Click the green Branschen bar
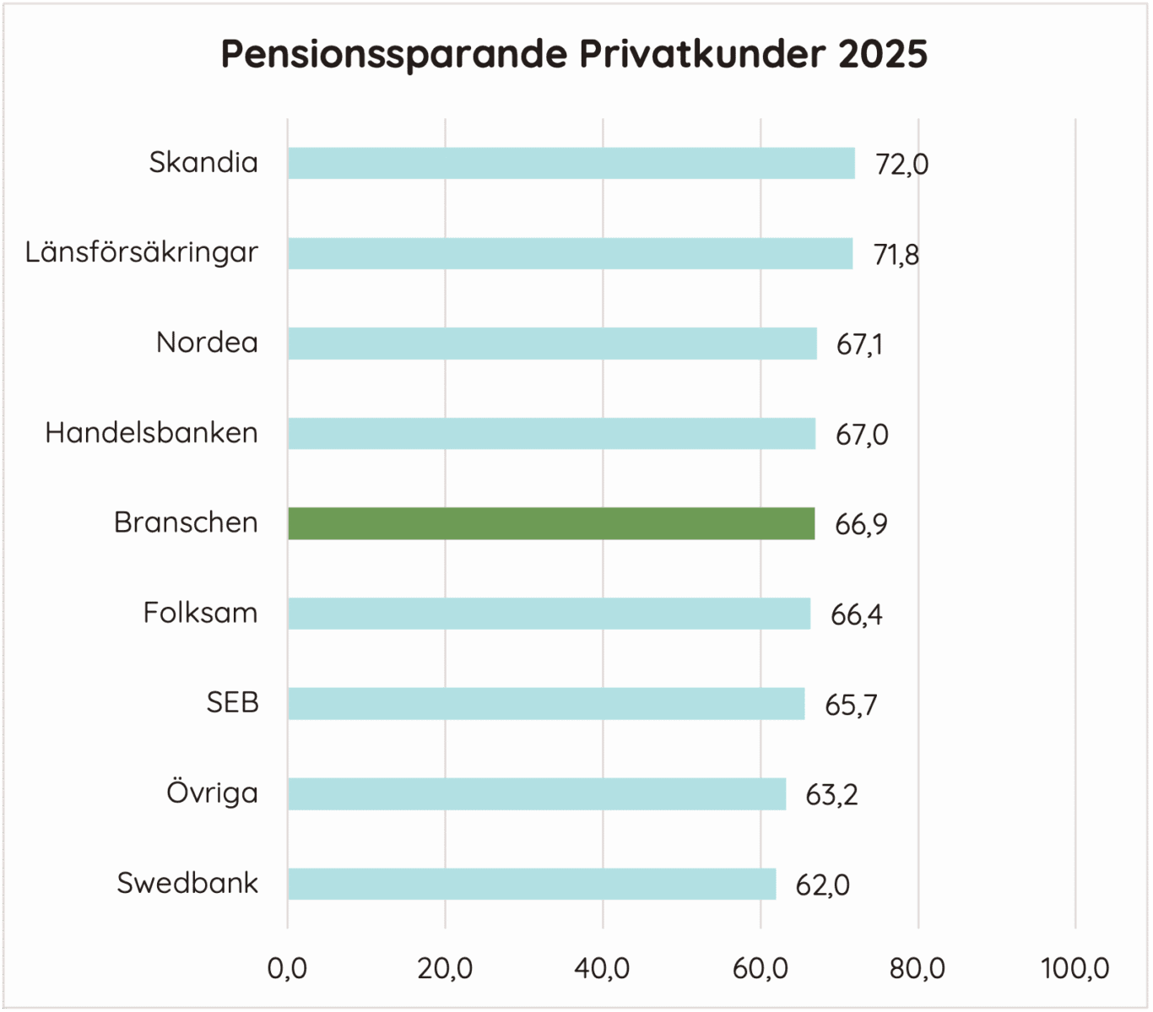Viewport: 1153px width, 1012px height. point(551,523)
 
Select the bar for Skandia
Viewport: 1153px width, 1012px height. point(571,163)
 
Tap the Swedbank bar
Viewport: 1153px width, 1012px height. point(532,884)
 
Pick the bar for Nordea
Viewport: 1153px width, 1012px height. point(552,344)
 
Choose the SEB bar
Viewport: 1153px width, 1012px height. point(546,704)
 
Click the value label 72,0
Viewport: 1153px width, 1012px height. point(901,164)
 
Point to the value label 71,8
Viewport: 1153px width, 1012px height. point(896,254)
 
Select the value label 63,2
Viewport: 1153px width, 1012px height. point(831,795)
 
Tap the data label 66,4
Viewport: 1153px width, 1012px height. point(856,614)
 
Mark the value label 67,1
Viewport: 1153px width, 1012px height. point(859,344)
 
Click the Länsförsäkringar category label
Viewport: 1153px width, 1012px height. point(141,252)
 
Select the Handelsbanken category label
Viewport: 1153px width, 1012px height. point(151,433)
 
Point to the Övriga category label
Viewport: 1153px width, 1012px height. point(212,793)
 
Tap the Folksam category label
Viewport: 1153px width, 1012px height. point(200,613)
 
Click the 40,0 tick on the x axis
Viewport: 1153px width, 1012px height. point(602,968)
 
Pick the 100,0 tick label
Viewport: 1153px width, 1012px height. point(1075,968)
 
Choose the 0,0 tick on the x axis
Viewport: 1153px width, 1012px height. point(287,968)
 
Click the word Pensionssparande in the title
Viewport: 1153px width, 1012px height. point(394,55)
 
